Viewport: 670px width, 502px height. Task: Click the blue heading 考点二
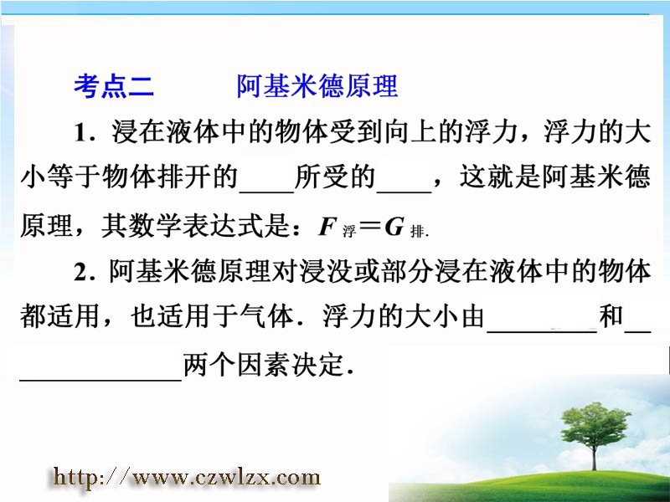point(114,86)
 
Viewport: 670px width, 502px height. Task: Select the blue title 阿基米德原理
point(317,86)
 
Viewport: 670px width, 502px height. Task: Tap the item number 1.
point(80,133)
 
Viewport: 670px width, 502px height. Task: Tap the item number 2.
point(81,272)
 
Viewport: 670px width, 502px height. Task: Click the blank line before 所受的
point(266,192)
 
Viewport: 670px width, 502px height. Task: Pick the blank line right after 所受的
point(404,192)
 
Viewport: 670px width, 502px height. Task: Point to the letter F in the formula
point(327,227)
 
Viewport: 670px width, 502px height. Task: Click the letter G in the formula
point(394,227)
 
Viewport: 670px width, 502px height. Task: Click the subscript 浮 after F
point(348,232)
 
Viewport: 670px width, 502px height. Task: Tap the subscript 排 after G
point(417,232)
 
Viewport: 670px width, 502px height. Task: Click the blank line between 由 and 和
point(542,330)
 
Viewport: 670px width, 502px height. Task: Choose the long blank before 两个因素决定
point(100,379)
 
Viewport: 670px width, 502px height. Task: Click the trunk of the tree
point(594,458)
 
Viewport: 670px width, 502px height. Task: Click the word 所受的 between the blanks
point(335,177)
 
